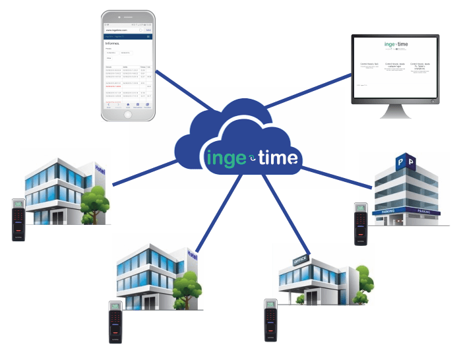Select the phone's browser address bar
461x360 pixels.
[123, 30]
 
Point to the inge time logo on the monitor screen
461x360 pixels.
[394, 45]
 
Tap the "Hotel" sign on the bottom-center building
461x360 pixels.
[192, 254]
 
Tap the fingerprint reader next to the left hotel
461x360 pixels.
[18, 219]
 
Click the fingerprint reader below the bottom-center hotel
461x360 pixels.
[115, 321]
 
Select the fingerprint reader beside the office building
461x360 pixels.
[270, 319]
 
